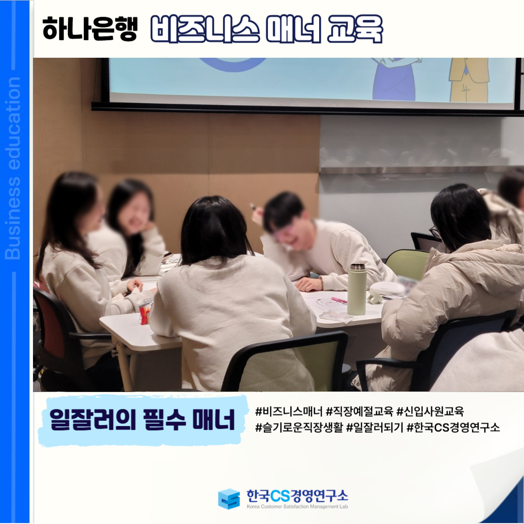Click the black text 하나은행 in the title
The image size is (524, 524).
[x=90, y=29]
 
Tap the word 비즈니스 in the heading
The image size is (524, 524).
[x=205, y=29]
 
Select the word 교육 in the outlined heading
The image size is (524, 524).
[x=355, y=29]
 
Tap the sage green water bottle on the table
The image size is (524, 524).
[x=357, y=289]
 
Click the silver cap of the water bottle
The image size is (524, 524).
[x=357, y=267]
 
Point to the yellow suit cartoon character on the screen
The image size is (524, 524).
[x=469, y=80]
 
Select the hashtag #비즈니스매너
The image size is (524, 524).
[x=289, y=411]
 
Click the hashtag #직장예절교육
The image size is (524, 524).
[x=359, y=411]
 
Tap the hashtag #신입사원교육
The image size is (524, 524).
[x=430, y=411]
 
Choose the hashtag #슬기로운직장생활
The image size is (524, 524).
[x=299, y=427]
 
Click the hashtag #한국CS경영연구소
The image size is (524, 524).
[x=453, y=427]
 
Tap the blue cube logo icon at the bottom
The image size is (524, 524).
[x=229, y=499]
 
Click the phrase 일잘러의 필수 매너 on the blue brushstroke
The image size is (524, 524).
[x=142, y=419]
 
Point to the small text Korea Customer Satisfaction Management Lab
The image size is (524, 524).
[x=297, y=507]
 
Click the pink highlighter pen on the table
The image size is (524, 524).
[x=339, y=300]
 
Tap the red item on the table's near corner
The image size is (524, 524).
[x=145, y=315]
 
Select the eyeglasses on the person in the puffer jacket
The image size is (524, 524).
[x=434, y=232]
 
